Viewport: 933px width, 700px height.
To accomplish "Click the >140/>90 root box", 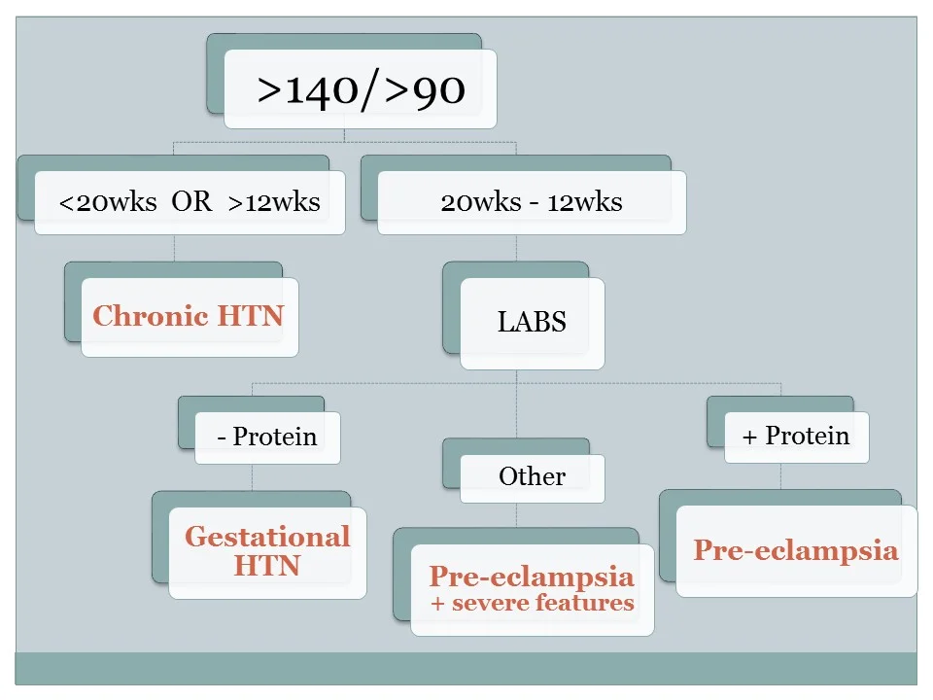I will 361,89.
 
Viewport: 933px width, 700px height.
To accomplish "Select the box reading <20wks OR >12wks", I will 190,202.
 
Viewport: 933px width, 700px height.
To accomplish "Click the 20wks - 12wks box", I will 531,202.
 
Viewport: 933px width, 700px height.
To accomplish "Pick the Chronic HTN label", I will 189,316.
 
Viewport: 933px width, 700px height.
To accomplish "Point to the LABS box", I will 532,323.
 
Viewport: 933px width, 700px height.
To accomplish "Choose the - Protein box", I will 267,437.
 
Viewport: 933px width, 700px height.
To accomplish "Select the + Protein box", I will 796,436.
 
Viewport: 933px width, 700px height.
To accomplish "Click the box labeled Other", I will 532,476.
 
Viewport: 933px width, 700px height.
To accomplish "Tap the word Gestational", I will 267,537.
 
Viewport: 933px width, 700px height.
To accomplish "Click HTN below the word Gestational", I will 267,566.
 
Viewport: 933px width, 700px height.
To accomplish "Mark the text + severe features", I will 532,603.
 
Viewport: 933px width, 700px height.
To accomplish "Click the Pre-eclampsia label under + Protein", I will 796,550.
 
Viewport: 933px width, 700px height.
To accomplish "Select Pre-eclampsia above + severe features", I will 532,577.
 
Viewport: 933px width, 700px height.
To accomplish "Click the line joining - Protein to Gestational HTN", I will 252,477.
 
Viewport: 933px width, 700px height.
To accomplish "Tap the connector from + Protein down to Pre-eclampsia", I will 780,476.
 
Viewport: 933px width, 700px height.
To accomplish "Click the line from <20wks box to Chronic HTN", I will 174,248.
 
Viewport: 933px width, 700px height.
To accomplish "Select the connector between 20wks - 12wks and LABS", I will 516,248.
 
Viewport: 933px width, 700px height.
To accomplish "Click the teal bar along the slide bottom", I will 466,668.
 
